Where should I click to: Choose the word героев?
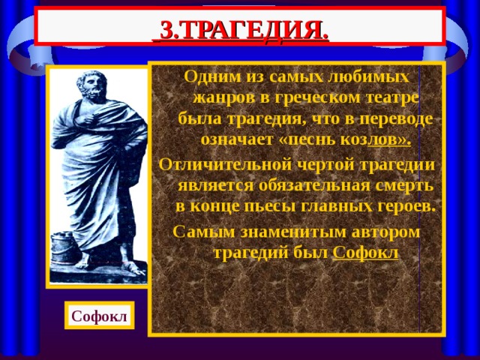[407, 205]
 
